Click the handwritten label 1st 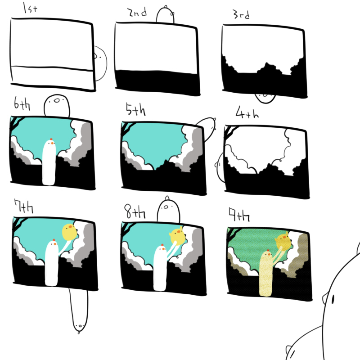[x=30, y=8]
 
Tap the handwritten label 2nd [x=137, y=12]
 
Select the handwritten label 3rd [x=241, y=14]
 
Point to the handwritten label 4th [x=247, y=112]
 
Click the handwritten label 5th [x=135, y=109]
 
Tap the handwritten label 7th [x=24, y=206]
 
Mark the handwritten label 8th [x=135, y=211]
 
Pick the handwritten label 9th [x=239, y=214]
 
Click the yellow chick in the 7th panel [x=70, y=232]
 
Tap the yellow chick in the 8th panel [x=177, y=236]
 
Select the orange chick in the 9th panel [x=283, y=242]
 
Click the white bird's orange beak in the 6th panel [x=52, y=143]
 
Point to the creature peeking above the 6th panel [x=57, y=105]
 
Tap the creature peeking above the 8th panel [x=168, y=209]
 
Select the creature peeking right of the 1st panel [x=100, y=63]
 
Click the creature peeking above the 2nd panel [x=165, y=15]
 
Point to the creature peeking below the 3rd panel [x=265, y=98]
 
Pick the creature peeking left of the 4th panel [x=220, y=167]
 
